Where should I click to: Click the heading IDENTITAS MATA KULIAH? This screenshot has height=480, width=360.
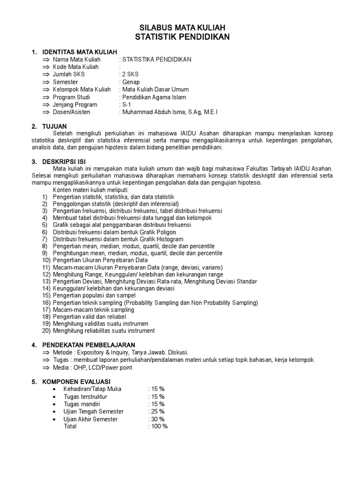pos(80,52)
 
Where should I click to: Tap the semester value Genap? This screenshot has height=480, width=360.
pos(131,82)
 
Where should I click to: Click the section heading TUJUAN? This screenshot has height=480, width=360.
pos(54,127)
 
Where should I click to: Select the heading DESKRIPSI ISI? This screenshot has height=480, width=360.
pos(64,162)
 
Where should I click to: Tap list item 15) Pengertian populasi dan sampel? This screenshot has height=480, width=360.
pos(94,296)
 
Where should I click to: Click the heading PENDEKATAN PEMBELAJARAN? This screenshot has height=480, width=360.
pos(89,345)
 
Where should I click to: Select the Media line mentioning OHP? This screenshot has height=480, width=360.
pos(92,367)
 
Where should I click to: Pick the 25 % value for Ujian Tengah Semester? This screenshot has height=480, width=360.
pos(157,412)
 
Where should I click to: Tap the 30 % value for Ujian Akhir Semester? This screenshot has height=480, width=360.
pos(157,419)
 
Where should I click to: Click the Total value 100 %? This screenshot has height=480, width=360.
pos(158,427)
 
